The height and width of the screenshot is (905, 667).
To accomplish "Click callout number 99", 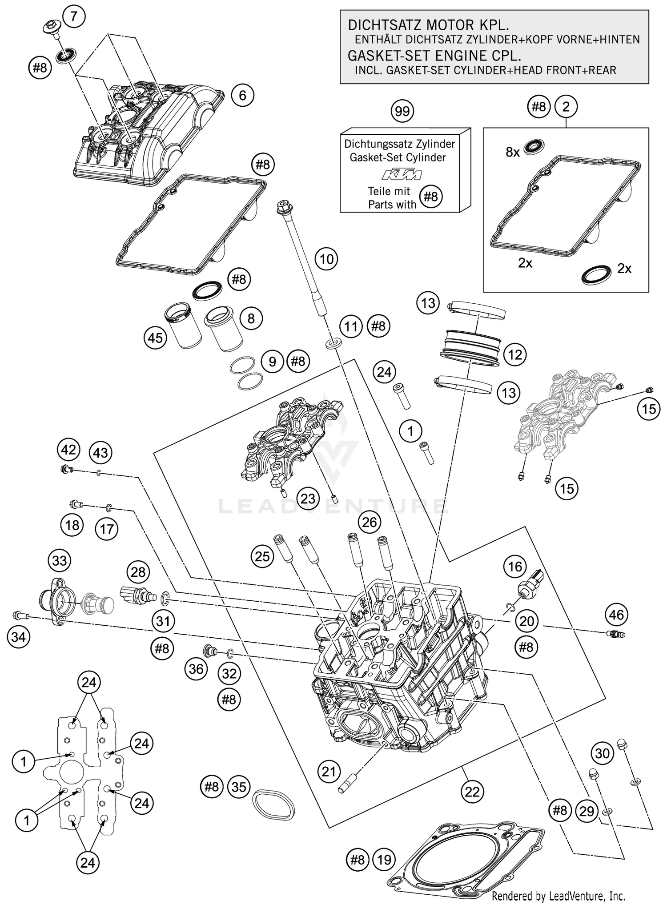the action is [402, 111].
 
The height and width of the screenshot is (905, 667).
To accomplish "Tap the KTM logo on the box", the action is [402, 175].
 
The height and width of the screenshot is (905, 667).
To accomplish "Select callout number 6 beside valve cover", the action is [242, 95].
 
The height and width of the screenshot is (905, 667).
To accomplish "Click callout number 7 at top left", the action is [74, 17].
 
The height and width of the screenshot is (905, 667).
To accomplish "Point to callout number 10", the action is [326, 259].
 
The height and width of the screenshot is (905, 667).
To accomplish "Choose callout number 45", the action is [155, 338].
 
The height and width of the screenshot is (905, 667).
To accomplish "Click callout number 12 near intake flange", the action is [515, 355].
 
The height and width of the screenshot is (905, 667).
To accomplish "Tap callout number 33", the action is [60, 561].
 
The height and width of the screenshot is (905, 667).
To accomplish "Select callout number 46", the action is [617, 615].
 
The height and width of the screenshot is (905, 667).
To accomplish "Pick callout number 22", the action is [472, 792].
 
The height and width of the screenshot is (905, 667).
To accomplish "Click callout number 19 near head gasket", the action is [384, 860].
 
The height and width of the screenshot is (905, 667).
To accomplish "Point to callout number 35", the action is [239, 787].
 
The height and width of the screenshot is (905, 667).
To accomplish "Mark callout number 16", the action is [515, 567].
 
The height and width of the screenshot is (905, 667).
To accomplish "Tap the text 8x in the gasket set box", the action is [513, 152].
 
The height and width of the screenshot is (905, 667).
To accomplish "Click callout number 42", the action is [68, 450].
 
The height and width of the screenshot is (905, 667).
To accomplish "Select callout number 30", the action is [602, 753].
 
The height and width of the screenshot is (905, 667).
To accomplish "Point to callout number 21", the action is [329, 772].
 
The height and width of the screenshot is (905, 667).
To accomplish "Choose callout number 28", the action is [138, 571].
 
